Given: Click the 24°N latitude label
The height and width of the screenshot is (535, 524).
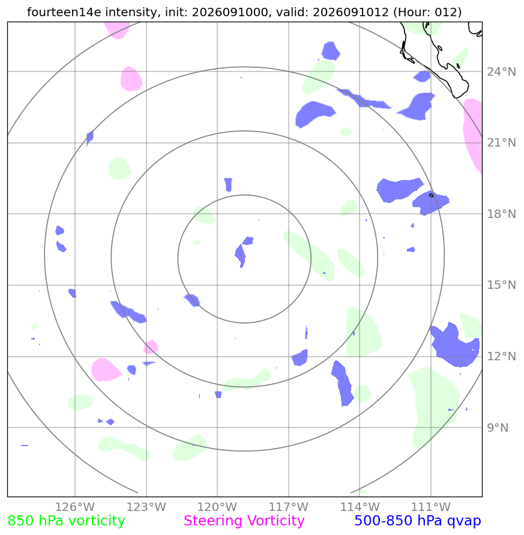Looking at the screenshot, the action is pyautogui.click(x=501, y=71).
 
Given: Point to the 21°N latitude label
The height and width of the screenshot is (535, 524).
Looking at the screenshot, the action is pyautogui.click(x=501, y=143).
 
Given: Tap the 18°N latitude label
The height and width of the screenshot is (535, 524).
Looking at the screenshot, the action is pyautogui.click(x=501, y=214).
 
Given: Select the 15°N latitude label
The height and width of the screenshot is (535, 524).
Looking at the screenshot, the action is pyautogui.click(x=501, y=285).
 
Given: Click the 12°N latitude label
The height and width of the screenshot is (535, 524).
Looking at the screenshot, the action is pyautogui.click(x=501, y=356).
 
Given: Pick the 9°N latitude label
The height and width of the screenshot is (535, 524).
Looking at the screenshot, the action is pyautogui.click(x=498, y=428).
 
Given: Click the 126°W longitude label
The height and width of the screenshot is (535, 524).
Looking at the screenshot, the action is pyautogui.click(x=74, y=507).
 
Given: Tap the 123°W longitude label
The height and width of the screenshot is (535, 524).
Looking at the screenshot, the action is pyautogui.click(x=146, y=507).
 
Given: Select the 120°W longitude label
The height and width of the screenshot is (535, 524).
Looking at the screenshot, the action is pyautogui.click(x=217, y=507).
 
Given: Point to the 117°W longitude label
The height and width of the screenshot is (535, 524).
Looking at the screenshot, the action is pyautogui.click(x=288, y=507).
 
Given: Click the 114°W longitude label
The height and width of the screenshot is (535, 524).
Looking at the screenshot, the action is pyautogui.click(x=360, y=507).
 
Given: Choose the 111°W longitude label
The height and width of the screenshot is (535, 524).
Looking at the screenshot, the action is pyautogui.click(x=430, y=507).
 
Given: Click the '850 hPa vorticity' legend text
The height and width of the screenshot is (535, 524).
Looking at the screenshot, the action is pyautogui.click(x=66, y=521).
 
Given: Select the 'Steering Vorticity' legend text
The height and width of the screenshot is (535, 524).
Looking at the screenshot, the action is pyautogui.click(x=244, y=521).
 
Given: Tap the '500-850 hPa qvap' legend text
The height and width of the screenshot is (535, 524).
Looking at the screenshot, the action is pyautogui.click(x=418, y=521).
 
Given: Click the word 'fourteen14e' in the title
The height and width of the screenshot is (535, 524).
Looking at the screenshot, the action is pyautogui.click(x=64, y=12).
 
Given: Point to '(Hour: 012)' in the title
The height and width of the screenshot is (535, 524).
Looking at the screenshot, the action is pyautogui.click(x=427, y=12).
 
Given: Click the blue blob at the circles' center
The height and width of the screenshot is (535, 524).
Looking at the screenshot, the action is pyautogui.click(x=243, y=252).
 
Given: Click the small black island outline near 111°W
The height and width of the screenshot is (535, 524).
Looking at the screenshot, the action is pyautogui.click(x=431, y=195).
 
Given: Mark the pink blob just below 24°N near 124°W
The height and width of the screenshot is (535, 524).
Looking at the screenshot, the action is pyautogui.click(x=131, y=79).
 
